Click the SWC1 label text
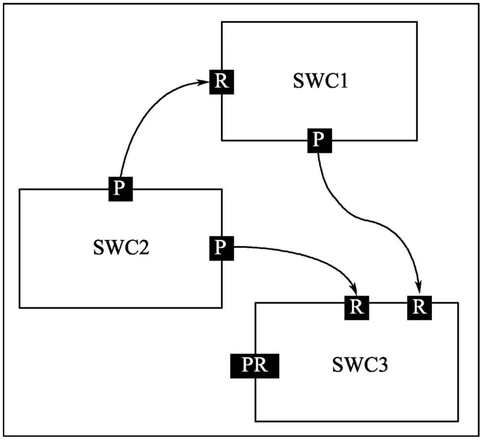click(x=320, y=81)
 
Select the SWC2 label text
click(x=121, y=248)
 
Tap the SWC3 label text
click(x=360, y=365)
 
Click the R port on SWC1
click(x=221, y=82)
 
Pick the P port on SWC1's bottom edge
click(x=319, y=140)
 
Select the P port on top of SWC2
click(x=120, y=189)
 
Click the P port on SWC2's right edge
click(x=221, y=248)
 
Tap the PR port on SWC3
click(x=255, y=366)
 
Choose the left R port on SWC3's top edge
click(x=356, y=307)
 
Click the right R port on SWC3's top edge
click(x=419, y=307)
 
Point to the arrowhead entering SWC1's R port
click(x=205, y=83)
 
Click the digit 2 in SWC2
click(x=143, y=248)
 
